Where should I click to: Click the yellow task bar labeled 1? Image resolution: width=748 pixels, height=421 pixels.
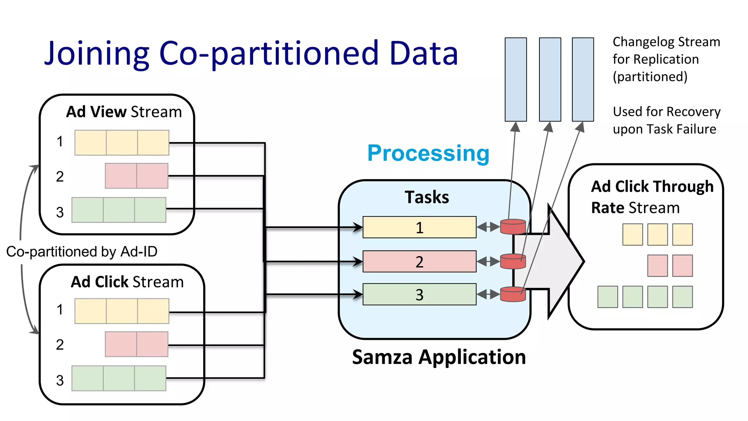pos(419,227)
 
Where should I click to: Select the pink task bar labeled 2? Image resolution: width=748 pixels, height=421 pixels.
pos(419,261)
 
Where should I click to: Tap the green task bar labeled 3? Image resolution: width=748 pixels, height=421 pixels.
pos(419,294)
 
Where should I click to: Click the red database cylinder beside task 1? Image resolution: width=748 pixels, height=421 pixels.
pos(512,227)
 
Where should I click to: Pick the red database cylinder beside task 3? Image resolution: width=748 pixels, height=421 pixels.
pos(512,295)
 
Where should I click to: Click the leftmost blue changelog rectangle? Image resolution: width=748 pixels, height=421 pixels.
pos(515,79)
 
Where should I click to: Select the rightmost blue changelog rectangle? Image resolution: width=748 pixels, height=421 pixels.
pos(583,79)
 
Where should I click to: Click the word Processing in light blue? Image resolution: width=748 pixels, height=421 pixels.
pos(428,153)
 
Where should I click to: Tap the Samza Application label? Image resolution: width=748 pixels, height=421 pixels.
pos(439,357)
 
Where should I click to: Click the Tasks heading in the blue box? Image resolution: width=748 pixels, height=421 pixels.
pos(427,197)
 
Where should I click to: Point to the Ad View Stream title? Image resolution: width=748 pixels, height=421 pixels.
pos(124,112)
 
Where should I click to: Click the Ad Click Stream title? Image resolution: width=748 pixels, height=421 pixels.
pos(127,282)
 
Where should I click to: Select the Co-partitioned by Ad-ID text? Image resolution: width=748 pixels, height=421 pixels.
pos(82,251)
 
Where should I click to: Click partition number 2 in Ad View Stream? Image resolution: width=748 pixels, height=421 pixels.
pos(60,177)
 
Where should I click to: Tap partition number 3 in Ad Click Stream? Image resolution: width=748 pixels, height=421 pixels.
pos(60,380)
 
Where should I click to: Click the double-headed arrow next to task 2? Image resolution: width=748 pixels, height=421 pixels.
pos(488,261)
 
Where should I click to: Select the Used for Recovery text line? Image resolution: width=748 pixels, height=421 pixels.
pos(667,111)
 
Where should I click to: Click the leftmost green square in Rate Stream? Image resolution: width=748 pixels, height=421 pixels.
pos(607,297)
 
